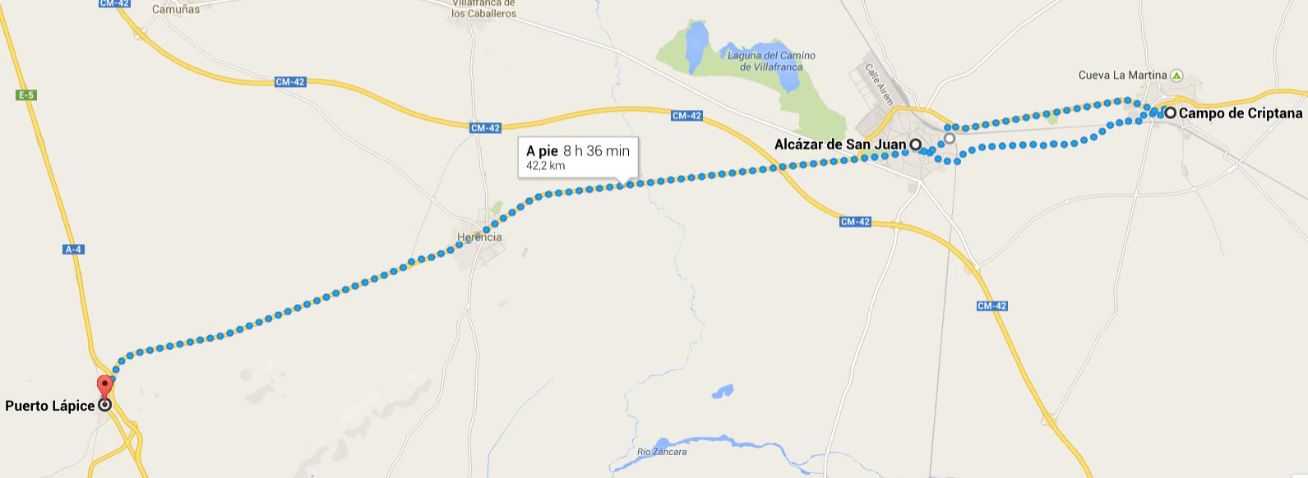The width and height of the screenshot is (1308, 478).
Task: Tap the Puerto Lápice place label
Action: pos(50,406)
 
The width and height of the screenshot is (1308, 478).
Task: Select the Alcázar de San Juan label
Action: pos(839,145)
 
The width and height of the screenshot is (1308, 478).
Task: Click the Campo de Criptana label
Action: pos(1241,113)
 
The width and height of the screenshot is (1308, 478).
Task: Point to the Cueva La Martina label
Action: pos(1122,76)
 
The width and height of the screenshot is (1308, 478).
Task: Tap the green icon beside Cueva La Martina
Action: pos(1176,76)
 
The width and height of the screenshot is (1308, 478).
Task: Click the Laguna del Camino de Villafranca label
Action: pos(771,61)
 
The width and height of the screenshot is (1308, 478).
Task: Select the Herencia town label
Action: pos(479,237)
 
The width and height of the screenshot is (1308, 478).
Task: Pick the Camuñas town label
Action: pos(176,10)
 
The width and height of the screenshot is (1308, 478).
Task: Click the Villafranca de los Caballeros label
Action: pos(483,9)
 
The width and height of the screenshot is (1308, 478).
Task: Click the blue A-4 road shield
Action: pos(73,250)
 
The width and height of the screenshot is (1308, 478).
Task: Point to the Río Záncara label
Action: pos(662,452)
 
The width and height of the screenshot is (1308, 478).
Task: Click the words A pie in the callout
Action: pos(542,150)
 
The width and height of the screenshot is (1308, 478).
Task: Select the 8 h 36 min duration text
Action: pos(596,150)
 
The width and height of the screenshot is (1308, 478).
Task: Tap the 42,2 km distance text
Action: pos(546,166)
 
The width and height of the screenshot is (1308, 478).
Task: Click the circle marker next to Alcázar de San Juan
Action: pos(915,145)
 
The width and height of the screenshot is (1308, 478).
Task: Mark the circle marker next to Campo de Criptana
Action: pos(1170,113)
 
